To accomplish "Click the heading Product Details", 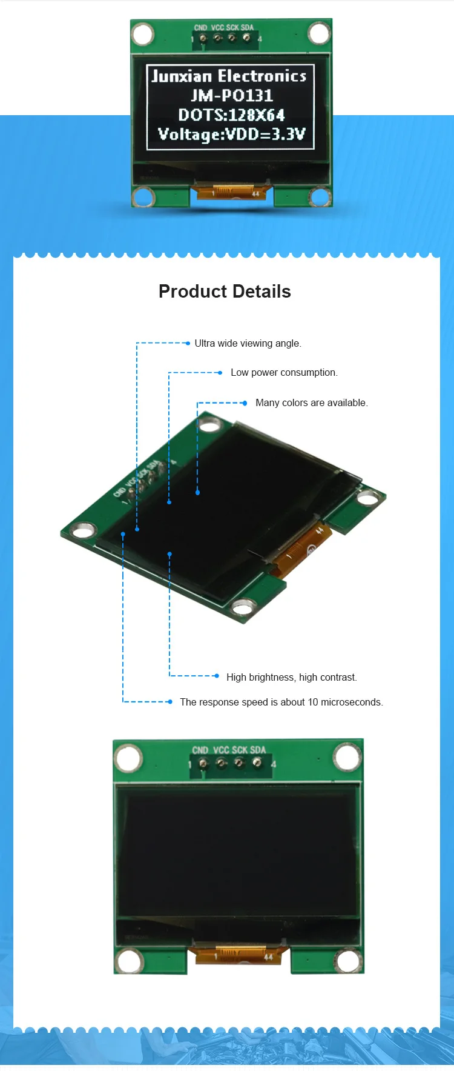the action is click(x=225, y=292).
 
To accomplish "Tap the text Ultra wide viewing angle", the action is click(x=248, y=344).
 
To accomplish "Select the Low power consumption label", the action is click(x=284, y=373).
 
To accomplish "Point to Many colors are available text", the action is click(x=311, y=403).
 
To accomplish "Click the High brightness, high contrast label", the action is click(x=291, y=678).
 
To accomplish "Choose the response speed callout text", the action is click(x=281, y=702).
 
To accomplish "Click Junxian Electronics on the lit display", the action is click(x=229, y=76).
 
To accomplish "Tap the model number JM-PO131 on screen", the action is click(x=232, y=96).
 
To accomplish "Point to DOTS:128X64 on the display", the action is click(x=231, y=115).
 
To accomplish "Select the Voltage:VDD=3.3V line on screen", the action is click(x=231, y=134).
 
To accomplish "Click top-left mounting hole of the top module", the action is click(x=143, y=34).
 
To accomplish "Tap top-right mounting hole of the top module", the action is click(x=319, y=33).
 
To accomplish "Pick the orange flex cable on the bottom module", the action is click(x=240, y=955).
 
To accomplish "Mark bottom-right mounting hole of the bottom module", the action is click(x=348, y=961).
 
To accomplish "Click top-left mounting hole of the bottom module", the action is click(x=129, y=758).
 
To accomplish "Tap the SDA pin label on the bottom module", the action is click(x=258, y=750).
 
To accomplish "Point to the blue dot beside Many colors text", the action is click(x=245, y=403).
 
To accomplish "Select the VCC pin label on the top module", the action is click(x=217, y=28).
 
